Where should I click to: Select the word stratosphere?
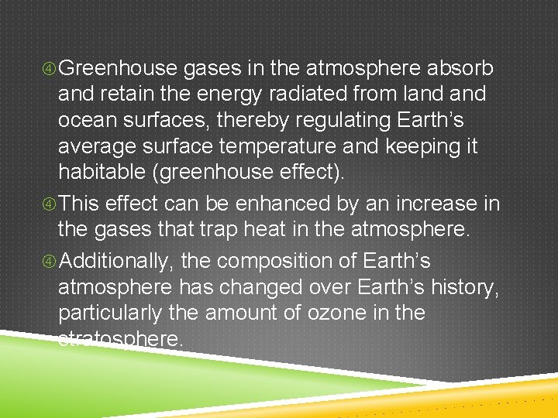coord(120,338)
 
